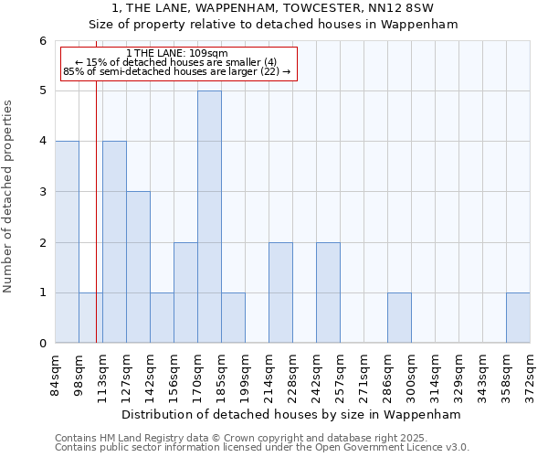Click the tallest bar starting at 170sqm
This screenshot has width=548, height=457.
(209, 217)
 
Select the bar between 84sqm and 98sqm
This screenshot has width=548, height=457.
(67, 242)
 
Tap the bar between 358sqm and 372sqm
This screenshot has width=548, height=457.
(518, 318)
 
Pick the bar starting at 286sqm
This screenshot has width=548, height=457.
(399, 318)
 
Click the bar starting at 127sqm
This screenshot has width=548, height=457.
(138, 267)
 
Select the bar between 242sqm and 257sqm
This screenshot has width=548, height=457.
(328, 292)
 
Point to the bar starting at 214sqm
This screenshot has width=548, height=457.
(280, 292)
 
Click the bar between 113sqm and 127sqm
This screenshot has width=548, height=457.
(114, 242)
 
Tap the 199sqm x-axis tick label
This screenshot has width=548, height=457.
(245, 374)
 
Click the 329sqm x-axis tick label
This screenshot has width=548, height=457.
(458, 374)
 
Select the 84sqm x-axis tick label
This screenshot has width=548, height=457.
(55, 374)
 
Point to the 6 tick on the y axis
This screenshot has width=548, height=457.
(42, 41)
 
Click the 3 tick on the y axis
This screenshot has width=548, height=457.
(42, 192)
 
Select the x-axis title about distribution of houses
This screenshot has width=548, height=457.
(291, 414)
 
